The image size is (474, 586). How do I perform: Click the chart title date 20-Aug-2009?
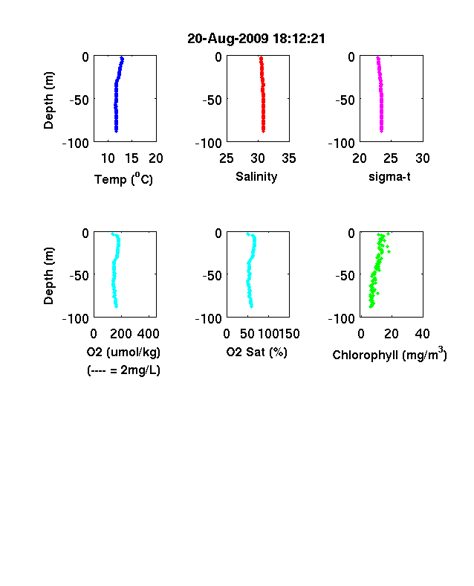(x=227, y=39)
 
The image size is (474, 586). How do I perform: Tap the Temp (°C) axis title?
(x=123, y=179)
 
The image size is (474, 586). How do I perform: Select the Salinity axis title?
(x=256, y=177)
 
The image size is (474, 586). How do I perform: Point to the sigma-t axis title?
(x=389, y=176)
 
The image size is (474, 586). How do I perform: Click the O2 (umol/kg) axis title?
(x=123, y=352)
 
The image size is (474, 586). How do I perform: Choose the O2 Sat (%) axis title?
(x=256, y=352)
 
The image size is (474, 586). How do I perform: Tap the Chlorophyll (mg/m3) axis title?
(x=389, y=354)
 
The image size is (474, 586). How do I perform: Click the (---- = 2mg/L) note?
(x=123, y=370)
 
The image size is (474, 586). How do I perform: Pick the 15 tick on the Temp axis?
(x=132, y=158)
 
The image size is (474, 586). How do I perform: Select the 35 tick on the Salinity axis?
(x=289, y=158)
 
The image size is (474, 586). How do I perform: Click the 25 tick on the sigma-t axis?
(x=391, y=158)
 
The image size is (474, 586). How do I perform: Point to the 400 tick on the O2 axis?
(x=149, y=334)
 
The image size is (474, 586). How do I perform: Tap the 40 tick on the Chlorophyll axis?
(x=423, y=334)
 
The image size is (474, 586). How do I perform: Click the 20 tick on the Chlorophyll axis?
(x=391, y=334)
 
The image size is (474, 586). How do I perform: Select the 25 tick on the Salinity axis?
(x=227, y=158)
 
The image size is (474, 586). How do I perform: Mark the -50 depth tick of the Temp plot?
(x=79, y=100)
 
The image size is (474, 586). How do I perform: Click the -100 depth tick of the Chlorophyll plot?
(x=341, y=319)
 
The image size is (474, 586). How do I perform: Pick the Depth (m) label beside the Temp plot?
(x=48, y=100)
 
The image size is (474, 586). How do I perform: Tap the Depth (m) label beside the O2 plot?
(x=48, y=276)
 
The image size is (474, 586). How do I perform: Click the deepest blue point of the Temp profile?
(x=116, y=131)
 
